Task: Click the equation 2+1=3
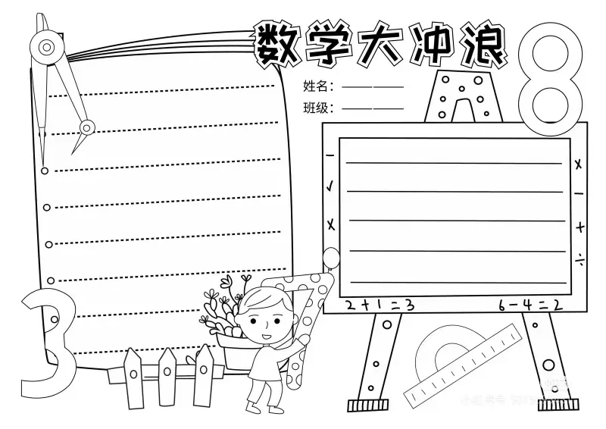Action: [380, 305]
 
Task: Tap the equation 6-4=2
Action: [529, 305]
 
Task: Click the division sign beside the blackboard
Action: [579, 259]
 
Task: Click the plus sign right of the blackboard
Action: [579, 226]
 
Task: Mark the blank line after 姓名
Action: [373, 86]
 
